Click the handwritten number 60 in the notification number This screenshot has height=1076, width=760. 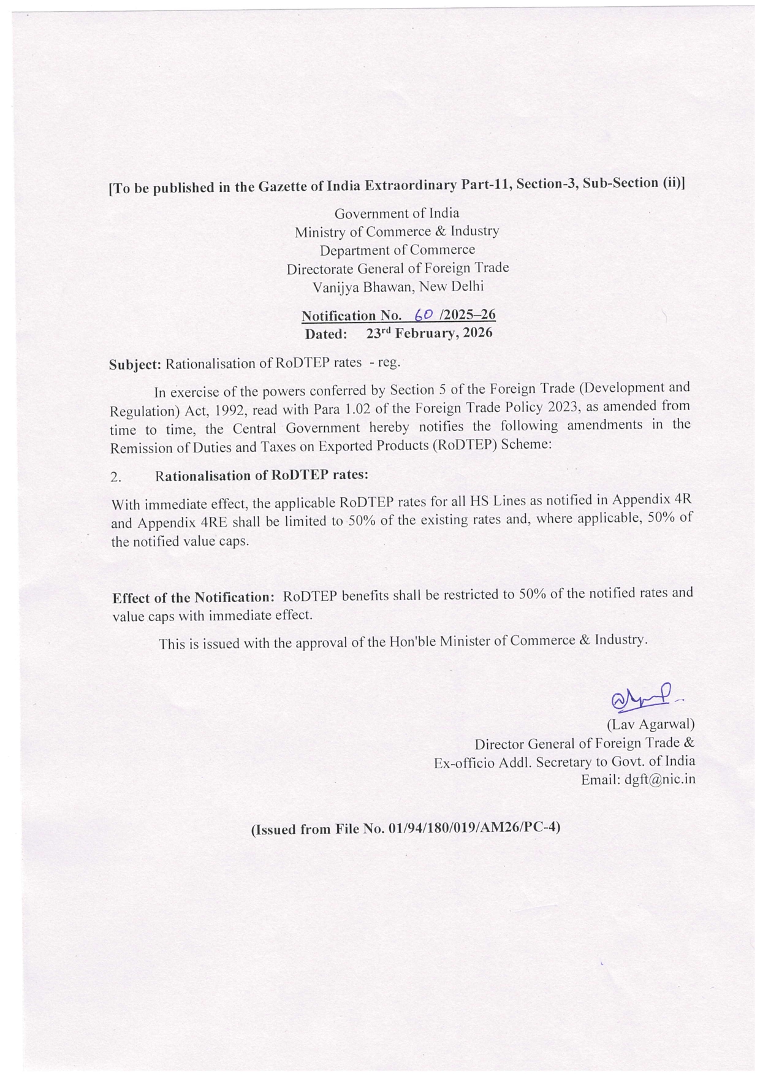point(424,315)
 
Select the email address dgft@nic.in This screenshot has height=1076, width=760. point(659,779)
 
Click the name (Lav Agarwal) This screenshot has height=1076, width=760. point(650,724)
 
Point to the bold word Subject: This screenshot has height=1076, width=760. point(135,364)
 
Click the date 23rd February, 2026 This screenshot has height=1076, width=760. point(429,333)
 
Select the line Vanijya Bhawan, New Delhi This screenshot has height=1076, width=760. point(398,286)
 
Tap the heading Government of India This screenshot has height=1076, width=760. point(397,213)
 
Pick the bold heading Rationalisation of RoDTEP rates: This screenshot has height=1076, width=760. point(262,476)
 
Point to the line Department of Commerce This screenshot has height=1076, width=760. point(397,250)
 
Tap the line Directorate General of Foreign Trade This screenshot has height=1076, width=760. point(398,268)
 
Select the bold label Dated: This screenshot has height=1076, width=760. point(326,334)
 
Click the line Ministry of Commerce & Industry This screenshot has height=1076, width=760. point(397,231)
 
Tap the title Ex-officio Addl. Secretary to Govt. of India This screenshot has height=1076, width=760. point(564,761)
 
